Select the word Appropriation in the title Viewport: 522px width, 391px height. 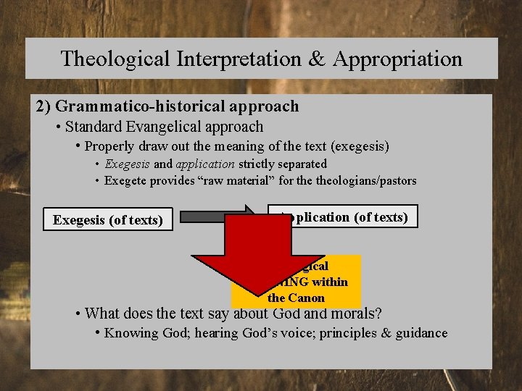397,59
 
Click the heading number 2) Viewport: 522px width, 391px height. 43,106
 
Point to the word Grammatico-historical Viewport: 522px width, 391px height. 144,106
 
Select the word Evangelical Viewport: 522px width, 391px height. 163,127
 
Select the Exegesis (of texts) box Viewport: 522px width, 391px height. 107,219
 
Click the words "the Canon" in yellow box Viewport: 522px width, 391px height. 297,298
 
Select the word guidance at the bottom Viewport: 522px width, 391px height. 422,333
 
